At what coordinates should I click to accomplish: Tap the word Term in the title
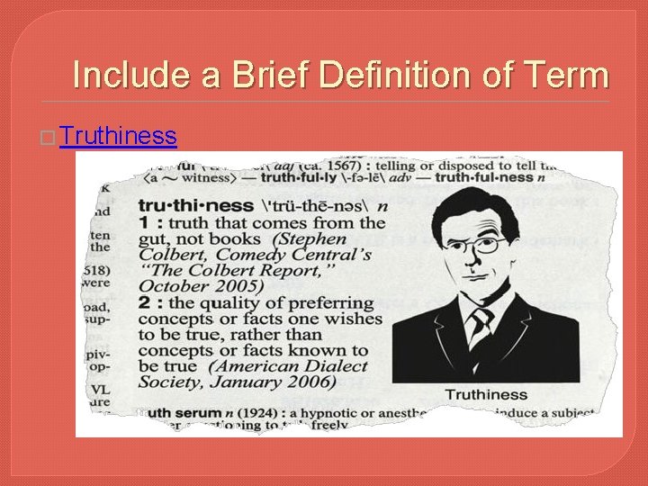tap(566, 75)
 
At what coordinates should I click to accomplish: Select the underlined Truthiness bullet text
tap(119, 136)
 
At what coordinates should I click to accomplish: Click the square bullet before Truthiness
tap(50, 137)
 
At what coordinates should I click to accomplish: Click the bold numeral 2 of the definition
tap(145, 302)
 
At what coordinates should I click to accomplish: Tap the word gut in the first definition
tap(156, 239)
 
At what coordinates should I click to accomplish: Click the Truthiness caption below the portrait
tap(486, 394)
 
